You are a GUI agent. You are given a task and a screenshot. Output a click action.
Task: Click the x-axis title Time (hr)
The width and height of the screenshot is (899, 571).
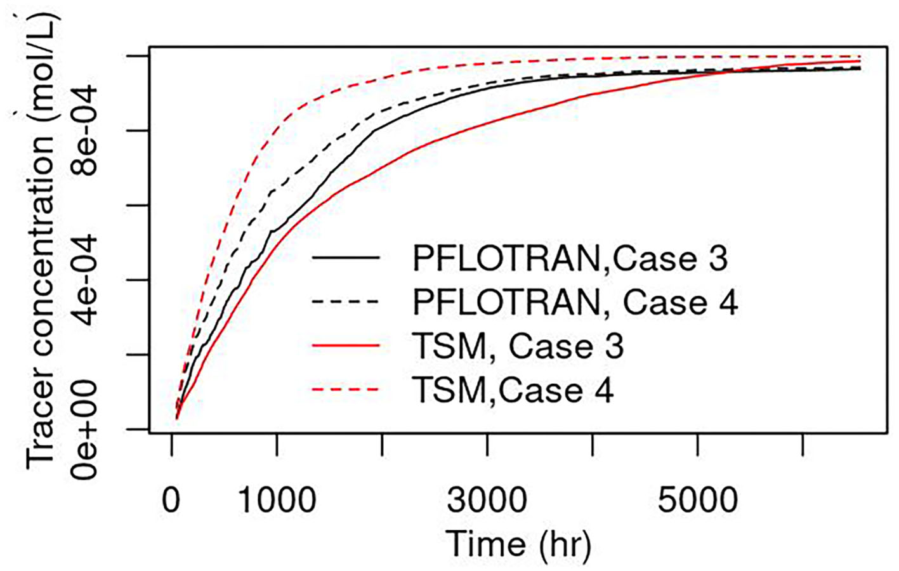(x=518, y=544)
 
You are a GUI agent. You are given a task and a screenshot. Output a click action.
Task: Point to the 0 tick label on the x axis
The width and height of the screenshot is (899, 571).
(x=171, y=501)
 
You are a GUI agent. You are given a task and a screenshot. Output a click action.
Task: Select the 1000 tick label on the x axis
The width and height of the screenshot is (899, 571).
(x=277, y=501)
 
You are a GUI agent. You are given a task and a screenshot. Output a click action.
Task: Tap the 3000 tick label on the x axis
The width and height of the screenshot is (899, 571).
(x=487, y=501)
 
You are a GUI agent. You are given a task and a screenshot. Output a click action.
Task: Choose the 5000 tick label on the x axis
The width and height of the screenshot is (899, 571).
(x=697, y=501)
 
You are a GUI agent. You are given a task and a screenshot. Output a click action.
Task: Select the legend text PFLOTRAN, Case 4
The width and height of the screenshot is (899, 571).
(x=575, y=302)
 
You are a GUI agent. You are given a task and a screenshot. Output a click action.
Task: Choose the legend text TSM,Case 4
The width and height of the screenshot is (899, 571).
(x=513, y=390)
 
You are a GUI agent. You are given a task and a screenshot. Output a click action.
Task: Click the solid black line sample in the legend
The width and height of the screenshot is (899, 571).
(x=346, y=258)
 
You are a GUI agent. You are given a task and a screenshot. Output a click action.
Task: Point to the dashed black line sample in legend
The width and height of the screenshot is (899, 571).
(x=346, y=301)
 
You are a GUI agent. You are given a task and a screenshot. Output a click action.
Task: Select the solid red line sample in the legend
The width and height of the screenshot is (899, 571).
(x=346, y=346)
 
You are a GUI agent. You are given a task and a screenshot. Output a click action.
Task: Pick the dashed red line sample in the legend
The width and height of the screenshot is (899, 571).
(x=346, y=390)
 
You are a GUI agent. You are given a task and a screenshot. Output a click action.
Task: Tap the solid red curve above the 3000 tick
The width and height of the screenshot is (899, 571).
(x=487, y=122)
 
